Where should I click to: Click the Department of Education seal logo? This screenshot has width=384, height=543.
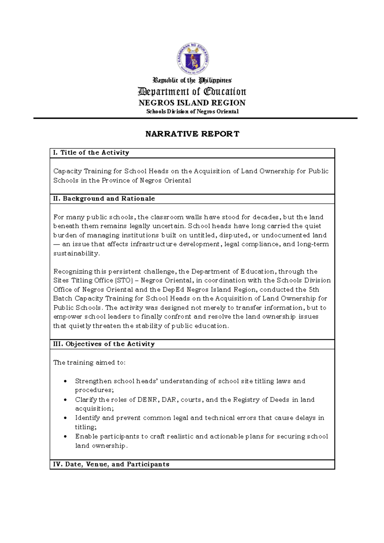coord(193,59)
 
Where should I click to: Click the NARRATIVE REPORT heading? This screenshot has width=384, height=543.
coord(192,134)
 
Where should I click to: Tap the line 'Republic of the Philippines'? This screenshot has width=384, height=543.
coord(192,80)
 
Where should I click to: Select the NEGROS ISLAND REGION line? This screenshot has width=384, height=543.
coord(192,103)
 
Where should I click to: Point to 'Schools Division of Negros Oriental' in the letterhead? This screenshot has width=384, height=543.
coord(192,111)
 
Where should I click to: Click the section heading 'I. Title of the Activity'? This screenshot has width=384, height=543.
coord(91,153)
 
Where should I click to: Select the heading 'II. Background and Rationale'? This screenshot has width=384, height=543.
coord(104,199)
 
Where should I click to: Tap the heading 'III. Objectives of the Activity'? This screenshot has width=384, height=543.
coord(104,344)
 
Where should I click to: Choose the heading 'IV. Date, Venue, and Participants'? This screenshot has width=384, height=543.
coord(111,464)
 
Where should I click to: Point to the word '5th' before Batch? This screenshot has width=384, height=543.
coord(314,290)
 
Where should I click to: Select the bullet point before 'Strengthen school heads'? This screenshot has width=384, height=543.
coord(66,381)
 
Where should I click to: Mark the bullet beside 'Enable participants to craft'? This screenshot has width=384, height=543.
coord(66,436)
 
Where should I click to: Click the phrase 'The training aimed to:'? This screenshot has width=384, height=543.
coord(89,362)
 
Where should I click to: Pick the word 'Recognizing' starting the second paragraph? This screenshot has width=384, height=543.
coord(73,271)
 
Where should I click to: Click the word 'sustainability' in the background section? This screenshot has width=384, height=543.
coord(76,254)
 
